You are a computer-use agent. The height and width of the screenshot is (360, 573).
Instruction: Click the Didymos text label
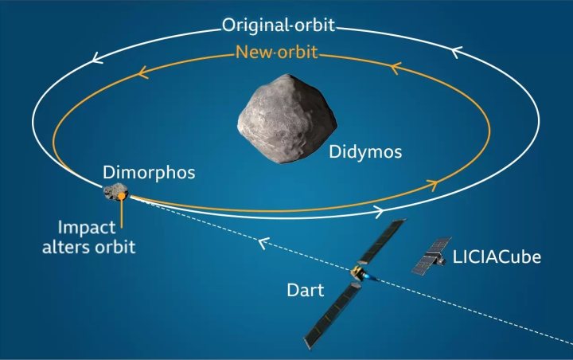(x=365, y=151)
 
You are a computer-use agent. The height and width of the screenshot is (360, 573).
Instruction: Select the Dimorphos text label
(x=149, y=172)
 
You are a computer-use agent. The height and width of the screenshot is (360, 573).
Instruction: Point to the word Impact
(x=87, y=228)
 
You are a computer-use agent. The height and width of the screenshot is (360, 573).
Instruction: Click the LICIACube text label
(x=497, y=256)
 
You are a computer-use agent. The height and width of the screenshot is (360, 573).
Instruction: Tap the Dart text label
(x=305, y=290)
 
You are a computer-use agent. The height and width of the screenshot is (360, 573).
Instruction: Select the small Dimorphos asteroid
(x=116, y=192)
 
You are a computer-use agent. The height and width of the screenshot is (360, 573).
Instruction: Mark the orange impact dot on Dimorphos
(x=121, y=197)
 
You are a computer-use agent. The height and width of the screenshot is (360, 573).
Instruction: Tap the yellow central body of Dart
(x=357, y=272)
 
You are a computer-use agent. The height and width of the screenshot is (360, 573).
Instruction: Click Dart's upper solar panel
(x=382, y=241)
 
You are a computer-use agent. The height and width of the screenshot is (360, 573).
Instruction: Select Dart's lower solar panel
(x=333, y=315)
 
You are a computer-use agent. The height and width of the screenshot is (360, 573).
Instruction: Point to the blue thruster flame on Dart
(x=371, y=278)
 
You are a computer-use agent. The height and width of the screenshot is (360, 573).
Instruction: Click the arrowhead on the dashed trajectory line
(x=263, y=243)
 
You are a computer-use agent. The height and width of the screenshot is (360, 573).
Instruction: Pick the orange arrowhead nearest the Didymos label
(x=433, y=185)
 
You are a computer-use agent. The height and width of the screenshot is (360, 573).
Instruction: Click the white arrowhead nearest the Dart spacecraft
(x=380, y=212)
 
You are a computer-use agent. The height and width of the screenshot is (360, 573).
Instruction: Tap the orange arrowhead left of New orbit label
(x=143, y=72)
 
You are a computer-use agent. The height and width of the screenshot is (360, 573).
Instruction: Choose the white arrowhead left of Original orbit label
(x=97, y=57)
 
